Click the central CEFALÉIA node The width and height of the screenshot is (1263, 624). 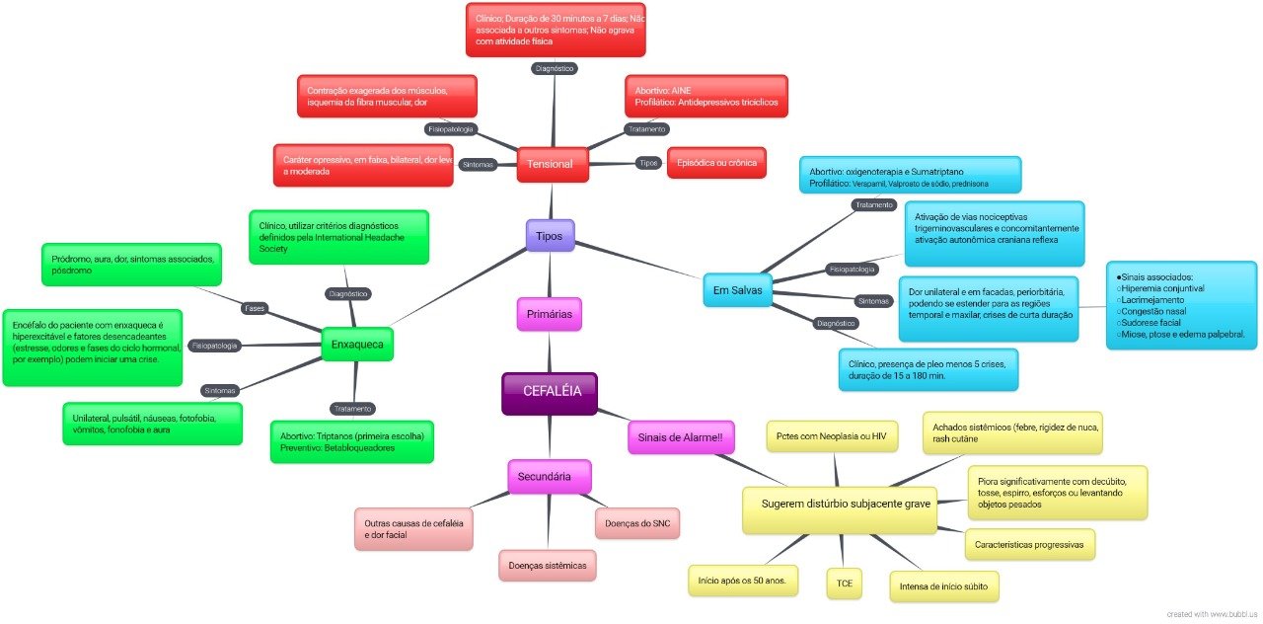tap(552, 391)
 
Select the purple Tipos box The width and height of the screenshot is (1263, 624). tap(550, 236)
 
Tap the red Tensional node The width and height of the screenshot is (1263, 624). tap(552, 163)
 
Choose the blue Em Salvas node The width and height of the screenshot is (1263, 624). tap(738, 290)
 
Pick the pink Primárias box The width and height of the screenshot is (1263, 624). tap(550, 314)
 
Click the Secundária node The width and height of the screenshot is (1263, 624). tap(549, 476)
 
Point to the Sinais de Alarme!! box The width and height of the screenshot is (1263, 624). tap(681, 436)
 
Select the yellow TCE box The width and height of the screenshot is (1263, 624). tap(844, 584)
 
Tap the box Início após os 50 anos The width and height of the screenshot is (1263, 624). tap(742, 581)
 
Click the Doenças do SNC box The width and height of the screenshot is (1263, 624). tap(637, 522)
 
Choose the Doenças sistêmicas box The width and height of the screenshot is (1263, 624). tap(547, 565)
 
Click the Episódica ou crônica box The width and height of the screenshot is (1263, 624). tap(716, 162)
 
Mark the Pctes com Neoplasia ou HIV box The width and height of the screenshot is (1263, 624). tap(832, 435)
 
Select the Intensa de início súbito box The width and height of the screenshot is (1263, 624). tap(943, 585)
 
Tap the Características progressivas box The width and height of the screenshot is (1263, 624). tap(1028, 544)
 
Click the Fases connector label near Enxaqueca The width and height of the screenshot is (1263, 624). tap(255, 308)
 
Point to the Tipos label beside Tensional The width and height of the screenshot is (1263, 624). tap(647, 163)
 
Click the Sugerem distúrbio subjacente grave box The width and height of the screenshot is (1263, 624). tap(839, 504)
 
